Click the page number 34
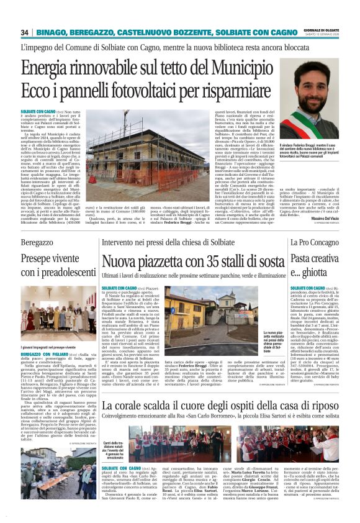pyautogui.click(x=25, y=32)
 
